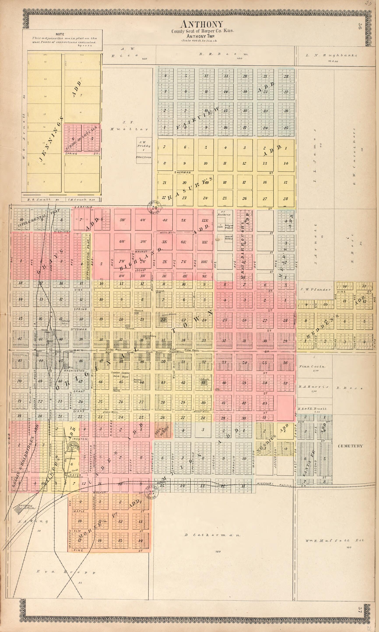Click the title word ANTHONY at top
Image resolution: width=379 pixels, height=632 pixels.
[202, 24]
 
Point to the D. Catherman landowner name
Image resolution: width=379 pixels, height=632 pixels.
[212, 535]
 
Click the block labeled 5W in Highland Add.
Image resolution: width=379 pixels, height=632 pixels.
[122, 220]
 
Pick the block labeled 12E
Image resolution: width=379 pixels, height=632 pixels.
[205, 220]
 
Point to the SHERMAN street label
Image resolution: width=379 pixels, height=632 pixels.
[182, 172]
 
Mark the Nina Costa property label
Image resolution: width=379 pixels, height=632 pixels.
[312, 366]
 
